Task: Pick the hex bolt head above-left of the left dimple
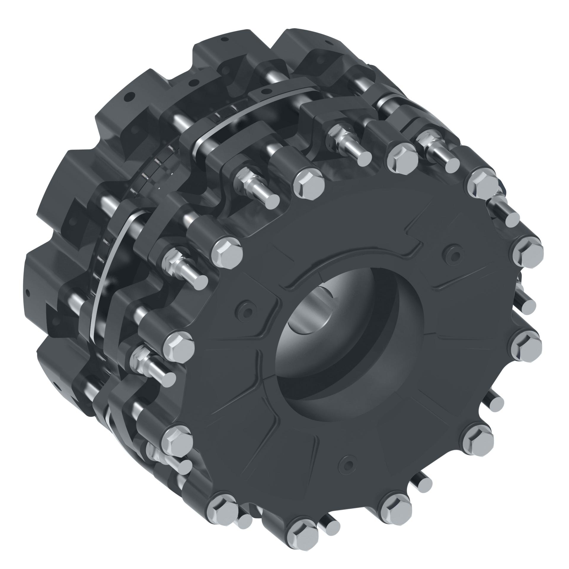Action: tap(228, 251)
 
